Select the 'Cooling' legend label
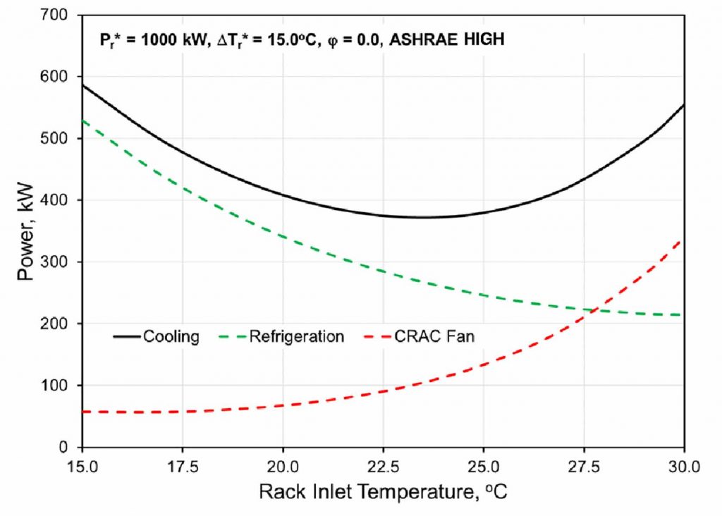(171, 337)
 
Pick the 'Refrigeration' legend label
(296, 337)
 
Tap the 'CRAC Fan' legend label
(444, 337)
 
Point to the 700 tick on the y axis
(60, 15)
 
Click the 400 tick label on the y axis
(60, 200)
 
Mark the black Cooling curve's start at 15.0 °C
(83, 85)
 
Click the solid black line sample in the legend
(127, 337)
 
